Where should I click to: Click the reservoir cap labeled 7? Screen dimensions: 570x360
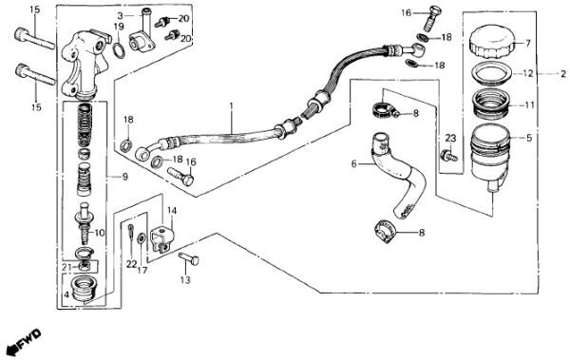coord(491,42)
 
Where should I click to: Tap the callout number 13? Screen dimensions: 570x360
coord(185,280)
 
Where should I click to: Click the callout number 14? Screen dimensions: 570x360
coord(172,211)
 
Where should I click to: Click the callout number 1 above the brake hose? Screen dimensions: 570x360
coord(231,105)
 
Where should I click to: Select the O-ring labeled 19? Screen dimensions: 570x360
coord(119,50)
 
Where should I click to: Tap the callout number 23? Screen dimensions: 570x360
coord(450,138)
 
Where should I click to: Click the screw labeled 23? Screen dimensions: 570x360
coord(448,156)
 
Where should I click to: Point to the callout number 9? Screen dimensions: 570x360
coord(125,177)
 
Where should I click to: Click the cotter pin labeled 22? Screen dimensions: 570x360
coord(131,236)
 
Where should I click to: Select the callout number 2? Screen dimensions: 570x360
coord(563,74)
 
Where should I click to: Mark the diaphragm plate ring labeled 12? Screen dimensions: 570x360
coord(492,74)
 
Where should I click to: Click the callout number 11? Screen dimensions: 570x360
coord(529,105)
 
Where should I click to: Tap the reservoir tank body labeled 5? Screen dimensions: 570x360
coord(489,157)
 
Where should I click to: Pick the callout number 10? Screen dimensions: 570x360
coord(99,233)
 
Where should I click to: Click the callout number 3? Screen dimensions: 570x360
coord(121,15)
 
